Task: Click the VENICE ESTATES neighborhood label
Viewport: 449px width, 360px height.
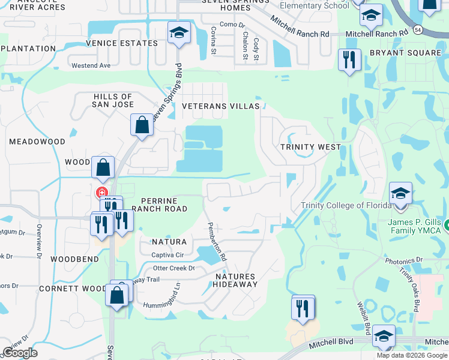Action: click(x=122, y=43)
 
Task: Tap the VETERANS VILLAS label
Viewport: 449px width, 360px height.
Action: click(x=221, y=106)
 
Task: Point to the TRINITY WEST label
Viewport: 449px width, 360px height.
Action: click(x=311, y=146)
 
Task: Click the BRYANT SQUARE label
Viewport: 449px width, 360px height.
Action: click(x=405, y=53)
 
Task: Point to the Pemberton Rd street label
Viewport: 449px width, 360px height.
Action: click(x=217, y=241)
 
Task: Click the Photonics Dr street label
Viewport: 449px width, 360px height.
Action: click(x=404, y=261)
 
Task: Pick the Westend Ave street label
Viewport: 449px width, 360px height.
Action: click(x=91, y=65)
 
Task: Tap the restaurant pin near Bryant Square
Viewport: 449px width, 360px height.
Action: click(x=348, y=60)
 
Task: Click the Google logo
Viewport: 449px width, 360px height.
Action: click(x=20, y=352)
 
